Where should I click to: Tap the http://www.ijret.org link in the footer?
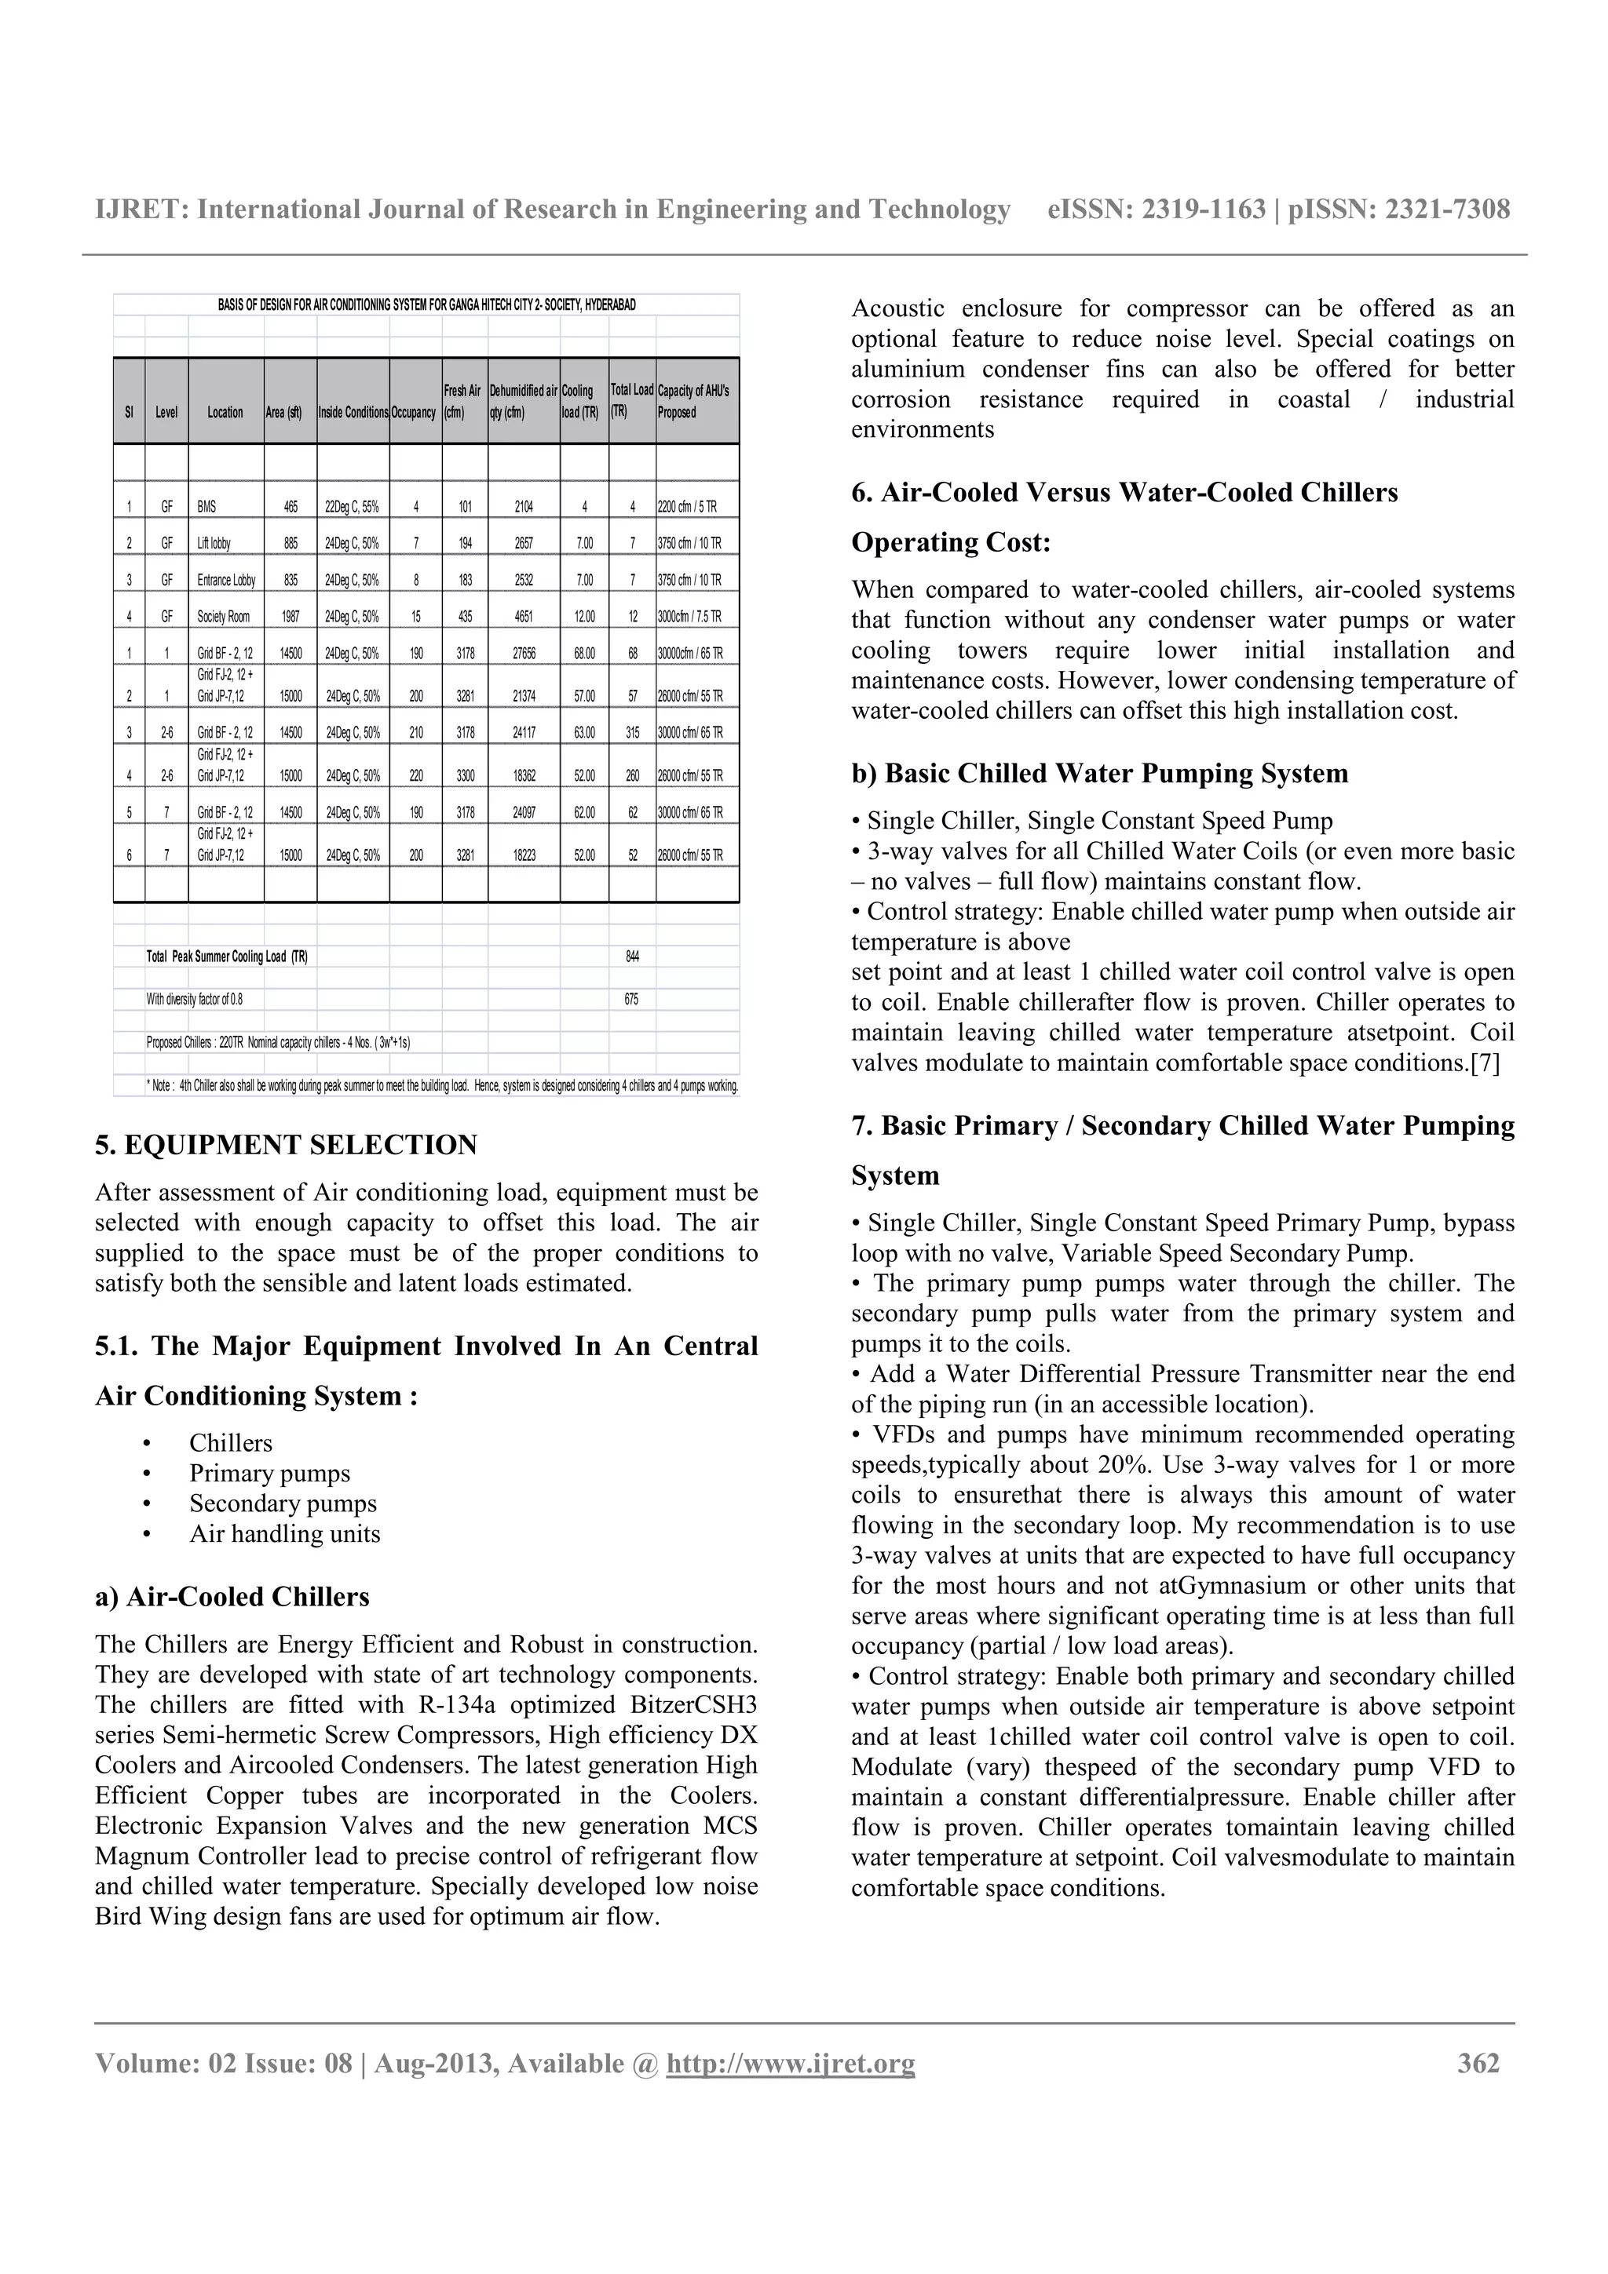[x=790, y=2063]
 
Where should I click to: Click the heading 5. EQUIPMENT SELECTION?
[x=285, y=1145]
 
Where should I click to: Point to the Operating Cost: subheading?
[x=950, y=543]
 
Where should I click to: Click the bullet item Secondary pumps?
[x=283, y=1503]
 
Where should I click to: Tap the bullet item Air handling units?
[x=284, y=1534]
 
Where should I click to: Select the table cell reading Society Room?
[x=223, y=617]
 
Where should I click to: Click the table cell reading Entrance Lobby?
[x=226, y=581]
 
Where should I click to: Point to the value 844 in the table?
[x=632, y=957]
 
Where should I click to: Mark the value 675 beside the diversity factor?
[x=632, y=1000]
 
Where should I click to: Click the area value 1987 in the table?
[x=291, y=617]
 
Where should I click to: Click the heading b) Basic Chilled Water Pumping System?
[x=1098, y=774]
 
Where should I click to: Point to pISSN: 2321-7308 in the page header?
[x=1399, y=209]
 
